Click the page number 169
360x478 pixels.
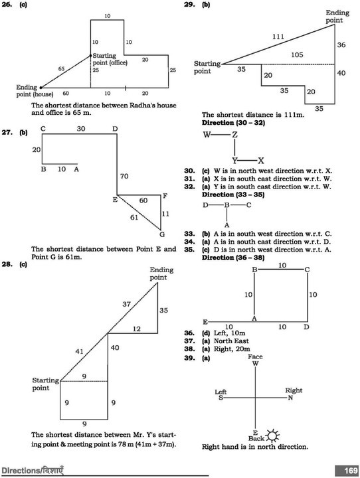coord(350,470)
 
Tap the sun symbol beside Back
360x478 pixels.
coord(272,436)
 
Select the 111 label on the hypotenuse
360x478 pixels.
coord(278,37)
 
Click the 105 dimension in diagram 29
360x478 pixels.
coord(297,55)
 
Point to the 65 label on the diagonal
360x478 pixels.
coord(61,69)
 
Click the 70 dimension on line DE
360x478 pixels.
coord(124,176)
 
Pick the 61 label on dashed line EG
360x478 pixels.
coord(134,217)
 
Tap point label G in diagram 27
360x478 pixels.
coord(162,234)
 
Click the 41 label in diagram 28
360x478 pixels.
coord(79,351)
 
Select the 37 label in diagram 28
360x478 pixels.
coord(127,304)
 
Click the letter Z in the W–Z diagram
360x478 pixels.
coord(234,134)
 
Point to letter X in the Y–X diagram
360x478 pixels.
coord(261,161)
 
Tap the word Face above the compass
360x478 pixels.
coord(255,357)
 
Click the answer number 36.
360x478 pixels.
coord(189,333)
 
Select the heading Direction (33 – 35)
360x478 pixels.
coord(233,195)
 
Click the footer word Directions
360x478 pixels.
coord(21,471)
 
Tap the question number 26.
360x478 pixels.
coord(7,5)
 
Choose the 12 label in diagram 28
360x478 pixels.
coord(137,329)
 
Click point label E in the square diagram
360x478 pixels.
coord(205,322)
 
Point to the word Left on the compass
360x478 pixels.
coord(221,392)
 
